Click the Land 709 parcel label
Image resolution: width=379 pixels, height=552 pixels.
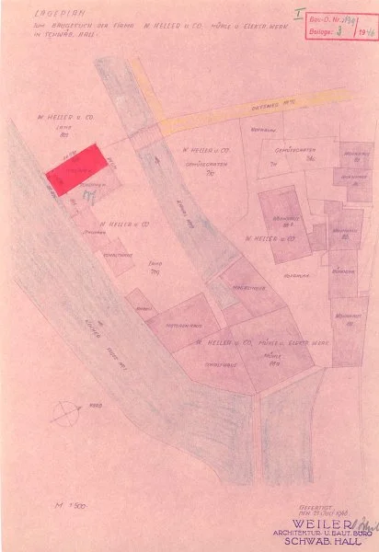click(x=154, y=269)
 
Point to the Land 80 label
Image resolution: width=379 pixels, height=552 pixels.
click(x=64, y=130)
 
